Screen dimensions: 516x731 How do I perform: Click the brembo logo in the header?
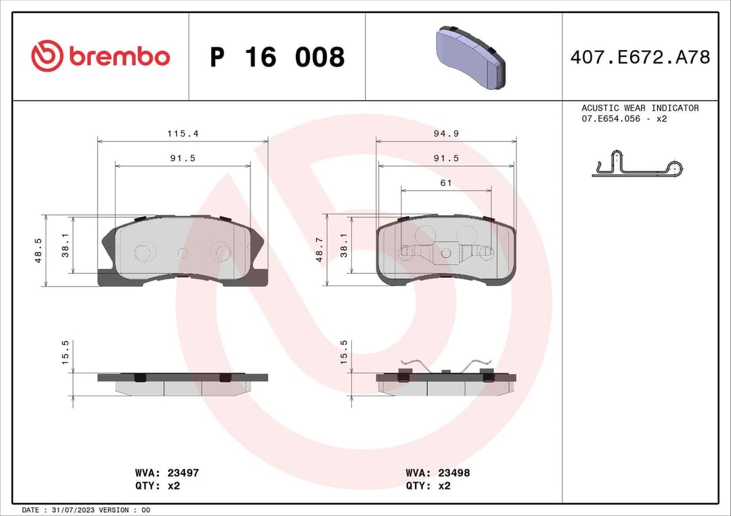100,57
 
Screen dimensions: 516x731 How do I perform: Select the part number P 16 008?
277,57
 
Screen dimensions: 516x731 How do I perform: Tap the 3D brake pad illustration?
470,57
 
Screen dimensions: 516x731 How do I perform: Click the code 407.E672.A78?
640,57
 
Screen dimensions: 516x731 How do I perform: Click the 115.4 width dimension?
183,134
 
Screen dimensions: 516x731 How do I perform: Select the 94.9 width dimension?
446,134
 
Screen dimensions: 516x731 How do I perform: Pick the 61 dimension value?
446,183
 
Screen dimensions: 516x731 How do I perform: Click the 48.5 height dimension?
39,250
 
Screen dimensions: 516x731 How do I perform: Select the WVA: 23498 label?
437,473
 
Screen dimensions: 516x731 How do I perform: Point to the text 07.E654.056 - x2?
624,118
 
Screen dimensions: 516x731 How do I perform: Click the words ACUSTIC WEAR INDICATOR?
640,108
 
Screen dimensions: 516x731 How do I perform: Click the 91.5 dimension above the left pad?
183,158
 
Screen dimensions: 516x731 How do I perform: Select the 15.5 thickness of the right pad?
344,352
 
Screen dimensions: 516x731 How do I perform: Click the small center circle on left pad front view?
182,252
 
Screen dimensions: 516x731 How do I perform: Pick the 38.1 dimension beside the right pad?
344,244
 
